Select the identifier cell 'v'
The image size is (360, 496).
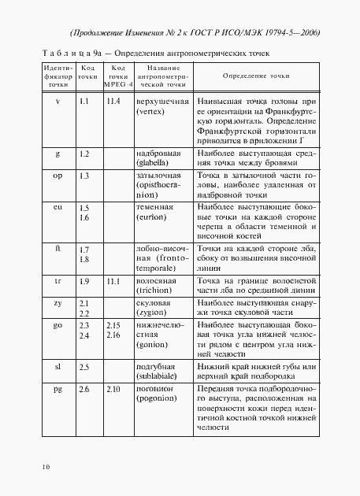pyautogui.click(x=57, y=102)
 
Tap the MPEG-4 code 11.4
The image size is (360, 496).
pyautogui.click(x=113, y=102)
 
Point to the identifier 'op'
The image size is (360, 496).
pyautogui.click(x=58, y=175)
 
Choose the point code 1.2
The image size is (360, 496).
pyautogui.click(x=85, y=153)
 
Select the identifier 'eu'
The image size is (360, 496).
pyautogui.click(x=58, y=206)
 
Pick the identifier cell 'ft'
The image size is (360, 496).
pyautogui.click(x=58, y=249)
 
